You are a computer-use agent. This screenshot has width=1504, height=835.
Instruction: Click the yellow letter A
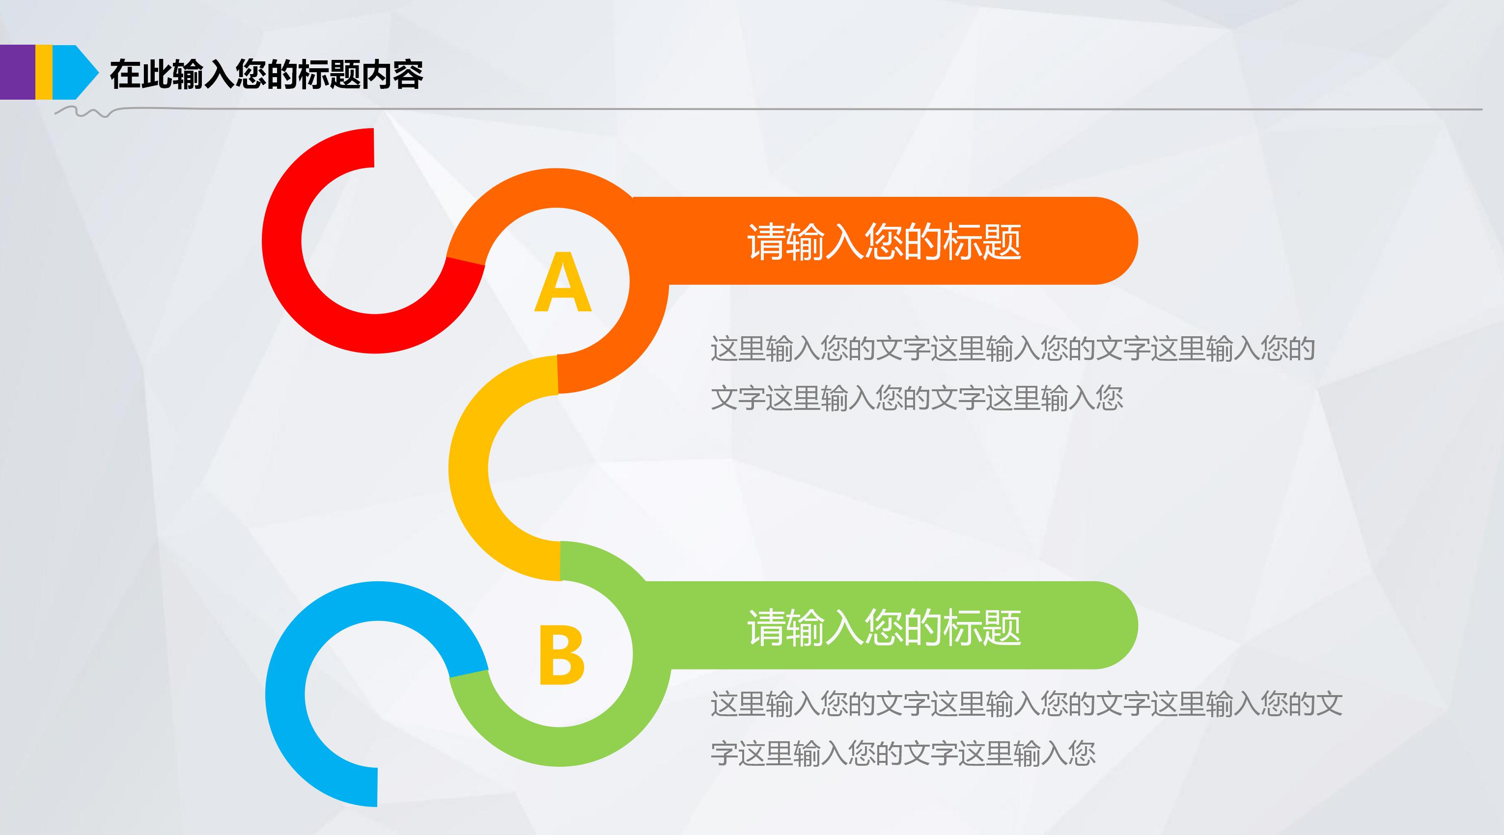click(563, 284)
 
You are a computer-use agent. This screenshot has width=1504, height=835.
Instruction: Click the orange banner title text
click(884, 242)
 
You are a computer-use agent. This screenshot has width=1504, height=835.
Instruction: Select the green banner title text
click(884, 627)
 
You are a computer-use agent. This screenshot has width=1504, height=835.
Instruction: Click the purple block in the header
click(17, 72)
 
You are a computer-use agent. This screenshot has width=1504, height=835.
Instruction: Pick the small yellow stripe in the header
click(44, 72)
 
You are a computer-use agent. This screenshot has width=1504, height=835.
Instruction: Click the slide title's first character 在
click(125, 75)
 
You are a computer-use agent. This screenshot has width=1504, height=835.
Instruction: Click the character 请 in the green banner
click(766, 627)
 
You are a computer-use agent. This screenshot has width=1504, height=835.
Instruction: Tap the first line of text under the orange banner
click(1012, 349)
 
